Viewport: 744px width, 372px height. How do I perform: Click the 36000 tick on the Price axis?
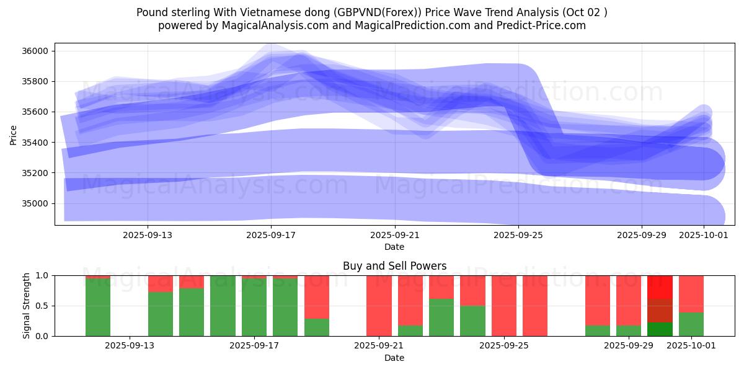click(x=35, y=51)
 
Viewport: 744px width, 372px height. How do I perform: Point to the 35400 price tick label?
click(x=35, y=143)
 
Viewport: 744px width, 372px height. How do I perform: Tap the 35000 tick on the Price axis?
click(x=35, y=203)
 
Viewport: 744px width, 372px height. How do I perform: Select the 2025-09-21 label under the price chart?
click(x=394, y=235)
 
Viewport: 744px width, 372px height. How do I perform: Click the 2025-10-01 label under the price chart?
click(x=704, y=235)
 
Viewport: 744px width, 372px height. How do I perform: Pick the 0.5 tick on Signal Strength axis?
click(x=43, y=306)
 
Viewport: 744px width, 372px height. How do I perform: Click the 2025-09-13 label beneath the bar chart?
click(x=130, y=345)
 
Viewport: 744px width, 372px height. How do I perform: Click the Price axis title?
click(x=14, y=135)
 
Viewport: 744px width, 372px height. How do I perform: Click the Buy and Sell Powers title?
click(x=394, y=266)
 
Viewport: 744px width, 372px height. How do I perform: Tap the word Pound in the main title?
click(x=151, y=12)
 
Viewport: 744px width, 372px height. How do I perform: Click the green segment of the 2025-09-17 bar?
click(x=254, y=308)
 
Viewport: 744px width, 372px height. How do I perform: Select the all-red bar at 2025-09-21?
click(x=379, y=306)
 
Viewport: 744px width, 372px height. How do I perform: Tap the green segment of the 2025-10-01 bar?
click(x=691, y=324)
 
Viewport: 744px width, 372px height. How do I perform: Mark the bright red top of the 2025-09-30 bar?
click(x=660, y=287)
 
